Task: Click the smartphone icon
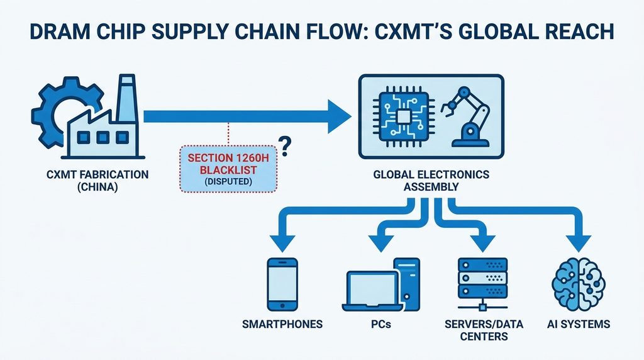(x=282, y=284)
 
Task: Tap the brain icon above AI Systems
(x=579, y=285)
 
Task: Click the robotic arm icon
(x=466, y=116)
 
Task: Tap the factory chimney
(x=127, y=99)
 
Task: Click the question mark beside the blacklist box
(x=285, y=147)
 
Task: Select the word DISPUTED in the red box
(x=228, y=181)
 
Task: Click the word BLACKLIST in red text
(x=228, y=170)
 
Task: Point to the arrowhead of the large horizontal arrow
(x=339, y=116)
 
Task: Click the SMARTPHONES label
(x=282, y=324)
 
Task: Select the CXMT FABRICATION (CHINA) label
(x=97, y=181)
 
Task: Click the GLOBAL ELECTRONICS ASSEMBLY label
(x=431, y=181)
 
